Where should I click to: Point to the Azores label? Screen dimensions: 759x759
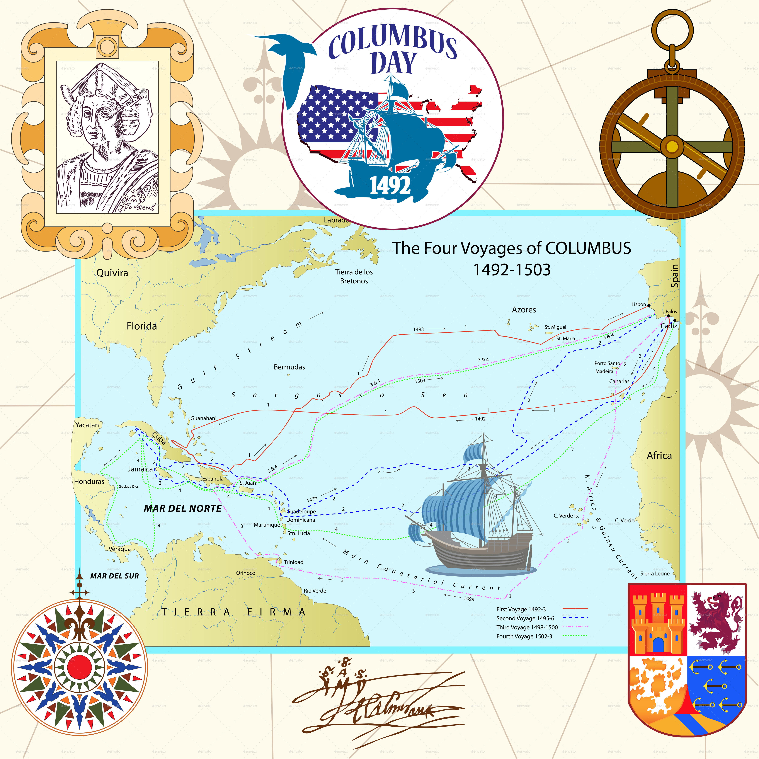524,310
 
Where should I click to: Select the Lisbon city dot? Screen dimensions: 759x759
649,305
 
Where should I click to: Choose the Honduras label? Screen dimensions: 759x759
89,482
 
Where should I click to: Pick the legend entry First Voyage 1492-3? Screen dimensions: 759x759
521,609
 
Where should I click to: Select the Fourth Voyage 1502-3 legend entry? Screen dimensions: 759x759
524,636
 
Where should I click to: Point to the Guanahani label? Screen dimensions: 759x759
203,418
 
